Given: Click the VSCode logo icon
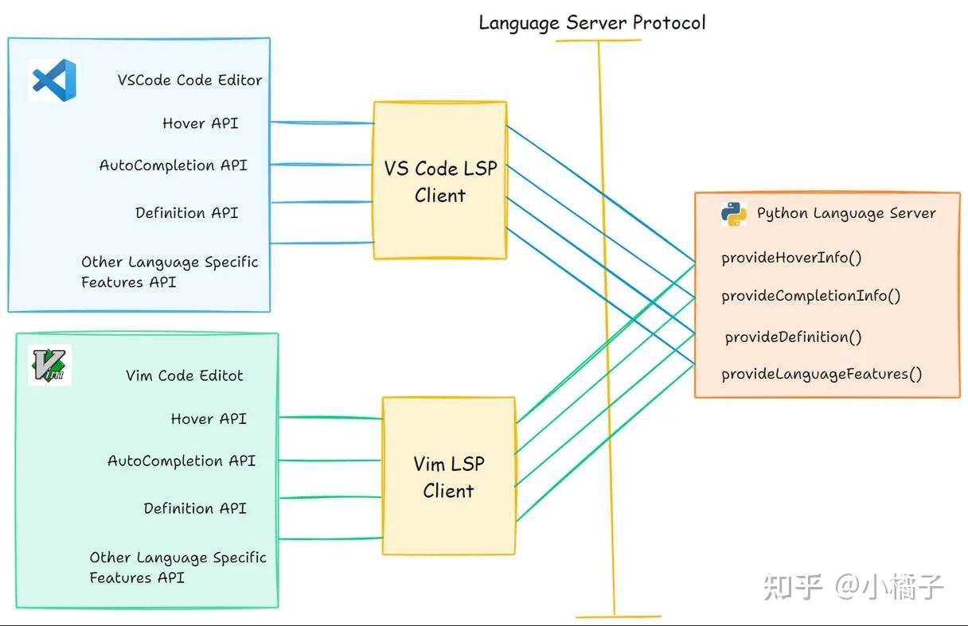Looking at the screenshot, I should (53, 80).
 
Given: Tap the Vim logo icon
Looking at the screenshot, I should (49, 365).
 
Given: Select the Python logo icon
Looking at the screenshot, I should (734, 213).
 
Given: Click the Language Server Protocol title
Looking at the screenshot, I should (591, 22).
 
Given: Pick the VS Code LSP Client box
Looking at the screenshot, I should (440, 181).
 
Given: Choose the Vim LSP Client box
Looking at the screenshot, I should (448, 476).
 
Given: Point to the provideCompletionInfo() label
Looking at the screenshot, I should (810, 296).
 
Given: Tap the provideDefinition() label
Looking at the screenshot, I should (793, 337).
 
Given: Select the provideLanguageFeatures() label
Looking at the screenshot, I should (822, 374).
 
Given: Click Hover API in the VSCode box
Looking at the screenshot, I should (200, 123).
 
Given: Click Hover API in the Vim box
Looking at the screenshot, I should (209, 419).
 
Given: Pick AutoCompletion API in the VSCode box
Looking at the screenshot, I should (173, 165).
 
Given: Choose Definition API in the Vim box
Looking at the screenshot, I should (195, 508).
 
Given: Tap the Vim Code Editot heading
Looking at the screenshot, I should (184, 375).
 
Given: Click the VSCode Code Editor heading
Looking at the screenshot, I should (189, 80).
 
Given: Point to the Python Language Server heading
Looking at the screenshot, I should (846, 213).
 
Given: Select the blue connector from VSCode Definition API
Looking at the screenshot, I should (322, 202).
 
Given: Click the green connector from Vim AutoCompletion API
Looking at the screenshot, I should (330, 460).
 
